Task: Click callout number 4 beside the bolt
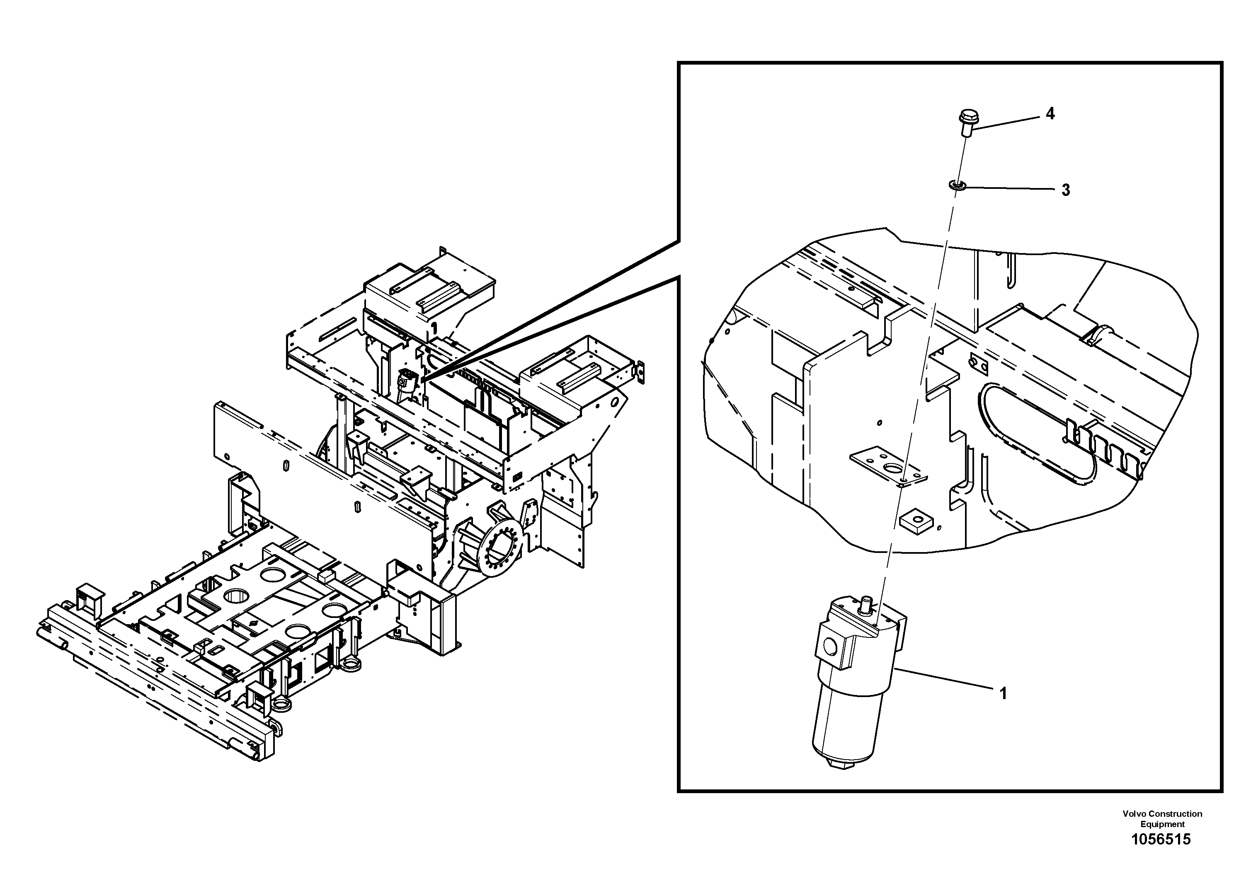[x=1050, y=113]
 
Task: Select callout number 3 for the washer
[x=1065, y=190]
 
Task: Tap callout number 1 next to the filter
[x=1002, y=694]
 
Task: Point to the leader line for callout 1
[x=945, y=679]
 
